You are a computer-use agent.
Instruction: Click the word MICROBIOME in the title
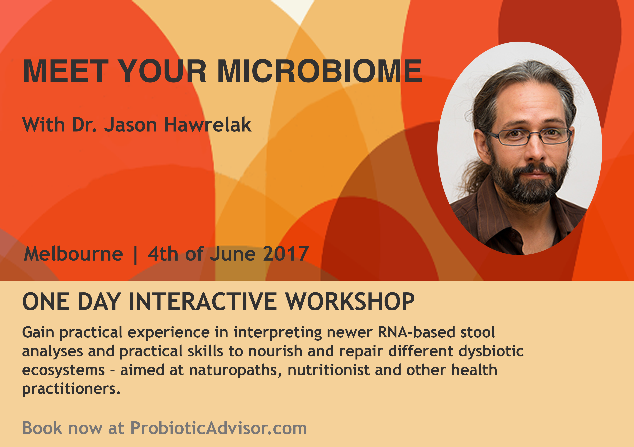click(320, 71)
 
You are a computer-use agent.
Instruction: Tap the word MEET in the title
click(66, 71)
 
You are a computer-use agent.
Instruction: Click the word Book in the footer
click(42, 428)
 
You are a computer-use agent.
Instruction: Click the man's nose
click(535, 151)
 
